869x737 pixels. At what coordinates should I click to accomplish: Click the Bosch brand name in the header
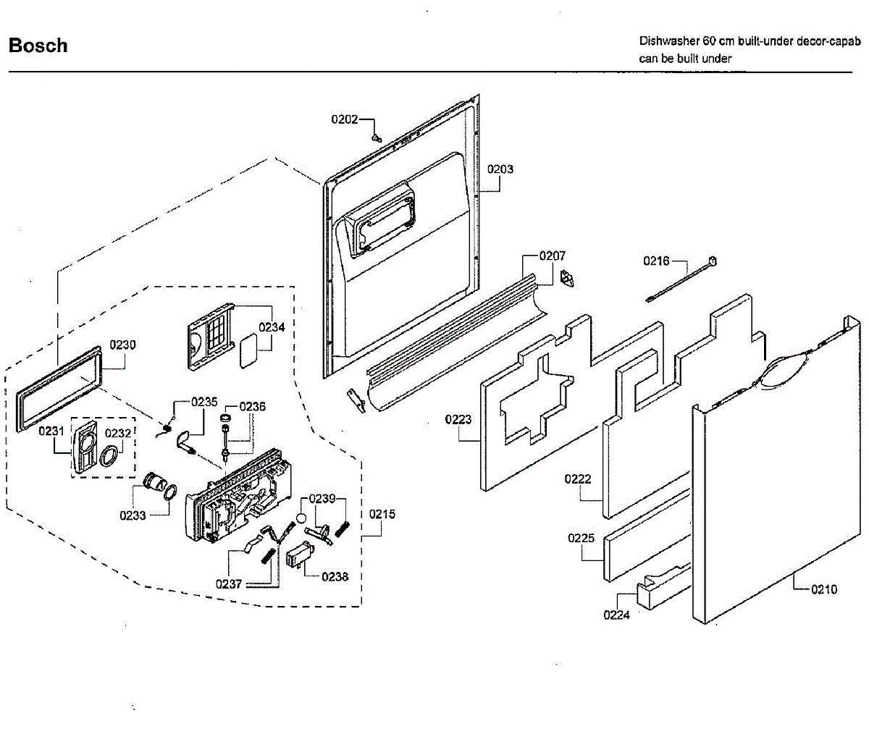pos(38,46)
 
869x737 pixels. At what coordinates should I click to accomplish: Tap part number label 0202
pos(345,119)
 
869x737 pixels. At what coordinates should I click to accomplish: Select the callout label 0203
pos(500,169)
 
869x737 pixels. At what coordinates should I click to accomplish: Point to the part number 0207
pos(553,256)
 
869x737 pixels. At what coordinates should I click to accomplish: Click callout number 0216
pos(657,261)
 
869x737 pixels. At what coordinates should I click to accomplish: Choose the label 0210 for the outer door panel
pos(823,589)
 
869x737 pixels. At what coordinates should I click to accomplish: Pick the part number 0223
pos(458,419)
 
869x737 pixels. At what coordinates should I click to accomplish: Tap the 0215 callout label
pos(382,514)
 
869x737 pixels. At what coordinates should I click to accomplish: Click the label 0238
pos(335,576)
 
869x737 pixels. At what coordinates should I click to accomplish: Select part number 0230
pos(122,345)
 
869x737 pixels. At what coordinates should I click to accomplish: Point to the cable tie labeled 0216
pos(681,280)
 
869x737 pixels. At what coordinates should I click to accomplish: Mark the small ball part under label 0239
pos(299,518)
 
